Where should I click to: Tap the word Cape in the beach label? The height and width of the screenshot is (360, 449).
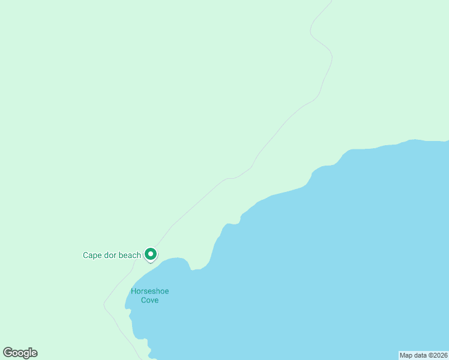tap(92, 256)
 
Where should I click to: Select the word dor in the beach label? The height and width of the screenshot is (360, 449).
tap(110, 256)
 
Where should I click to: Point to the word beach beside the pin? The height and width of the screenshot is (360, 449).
tap(130, 256)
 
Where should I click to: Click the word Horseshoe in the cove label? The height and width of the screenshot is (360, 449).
tap(149, 292)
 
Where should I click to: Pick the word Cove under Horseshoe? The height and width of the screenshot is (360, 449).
tap(149, 300)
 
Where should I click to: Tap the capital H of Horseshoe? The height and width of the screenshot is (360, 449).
tap(133, 292)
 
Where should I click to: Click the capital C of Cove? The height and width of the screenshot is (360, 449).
tap(143, 300)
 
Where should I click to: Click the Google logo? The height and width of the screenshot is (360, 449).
tap(20, 353)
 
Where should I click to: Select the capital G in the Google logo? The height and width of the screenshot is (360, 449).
tap(8, 353)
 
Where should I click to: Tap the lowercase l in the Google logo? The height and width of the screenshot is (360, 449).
tap(30, 353)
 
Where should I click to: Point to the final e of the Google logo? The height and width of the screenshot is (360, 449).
tap(34, 353)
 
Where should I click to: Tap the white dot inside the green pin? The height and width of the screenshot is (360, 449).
tap(151, 254)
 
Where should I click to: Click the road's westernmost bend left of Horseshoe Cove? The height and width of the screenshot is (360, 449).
tap(104, 303)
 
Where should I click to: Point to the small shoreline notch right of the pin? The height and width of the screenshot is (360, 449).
tap(192, 269)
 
